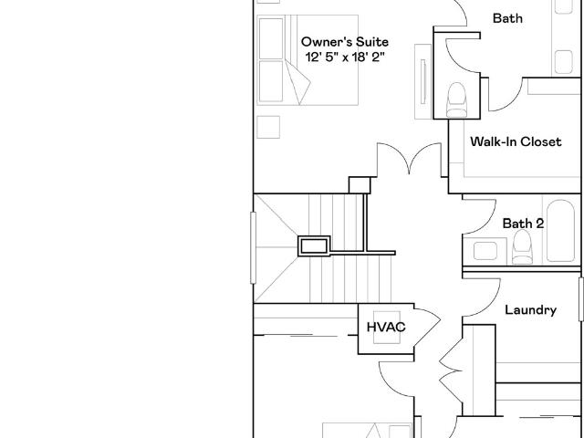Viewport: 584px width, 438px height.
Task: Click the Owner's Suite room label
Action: [345, 42]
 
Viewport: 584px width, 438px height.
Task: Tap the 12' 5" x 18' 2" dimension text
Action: [345, 57]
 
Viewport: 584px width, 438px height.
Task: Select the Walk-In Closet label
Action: [516, 141]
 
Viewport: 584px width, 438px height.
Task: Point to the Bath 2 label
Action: [523, 224]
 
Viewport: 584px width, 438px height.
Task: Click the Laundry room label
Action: [531, 310]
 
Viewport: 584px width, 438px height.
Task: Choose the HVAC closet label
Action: [386, 327]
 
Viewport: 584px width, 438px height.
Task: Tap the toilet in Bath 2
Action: [522, 246]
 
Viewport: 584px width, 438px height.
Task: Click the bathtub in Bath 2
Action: [560, 231]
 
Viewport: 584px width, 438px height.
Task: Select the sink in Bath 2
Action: [485, 251]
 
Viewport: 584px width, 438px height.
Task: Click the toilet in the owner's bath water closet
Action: [456, 99]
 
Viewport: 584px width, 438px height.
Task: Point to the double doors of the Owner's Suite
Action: [410, 159]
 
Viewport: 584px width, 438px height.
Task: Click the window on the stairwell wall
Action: [254, 247]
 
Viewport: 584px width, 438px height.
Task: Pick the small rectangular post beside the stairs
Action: [314, 246]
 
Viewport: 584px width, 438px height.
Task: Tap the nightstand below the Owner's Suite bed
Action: [268, 127]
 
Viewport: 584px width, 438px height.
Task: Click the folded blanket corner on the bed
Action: [298, 83]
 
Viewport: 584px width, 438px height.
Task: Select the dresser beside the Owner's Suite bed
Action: [423, 81]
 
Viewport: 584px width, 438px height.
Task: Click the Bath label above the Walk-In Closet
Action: [507, 18]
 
